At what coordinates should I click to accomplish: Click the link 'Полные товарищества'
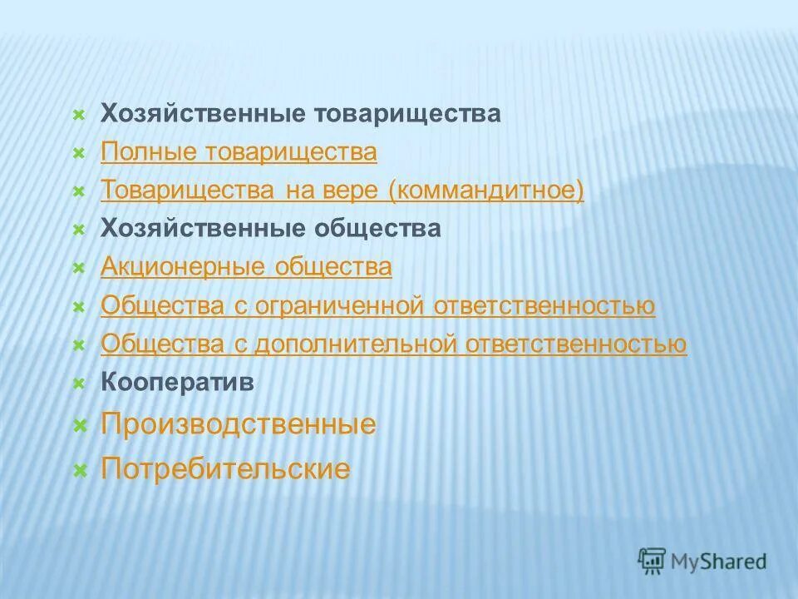point(239,152)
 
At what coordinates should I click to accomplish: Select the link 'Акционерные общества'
point(246,267)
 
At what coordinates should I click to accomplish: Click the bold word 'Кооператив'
point(178,383)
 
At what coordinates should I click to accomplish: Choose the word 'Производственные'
point(239,425)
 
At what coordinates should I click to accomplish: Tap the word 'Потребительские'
point(225,469)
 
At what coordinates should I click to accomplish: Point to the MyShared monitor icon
point(653,560)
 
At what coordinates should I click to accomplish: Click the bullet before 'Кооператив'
point(79,384)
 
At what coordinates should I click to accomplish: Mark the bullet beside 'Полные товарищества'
point(79,153)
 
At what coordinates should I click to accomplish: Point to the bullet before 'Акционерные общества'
point(79,268)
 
